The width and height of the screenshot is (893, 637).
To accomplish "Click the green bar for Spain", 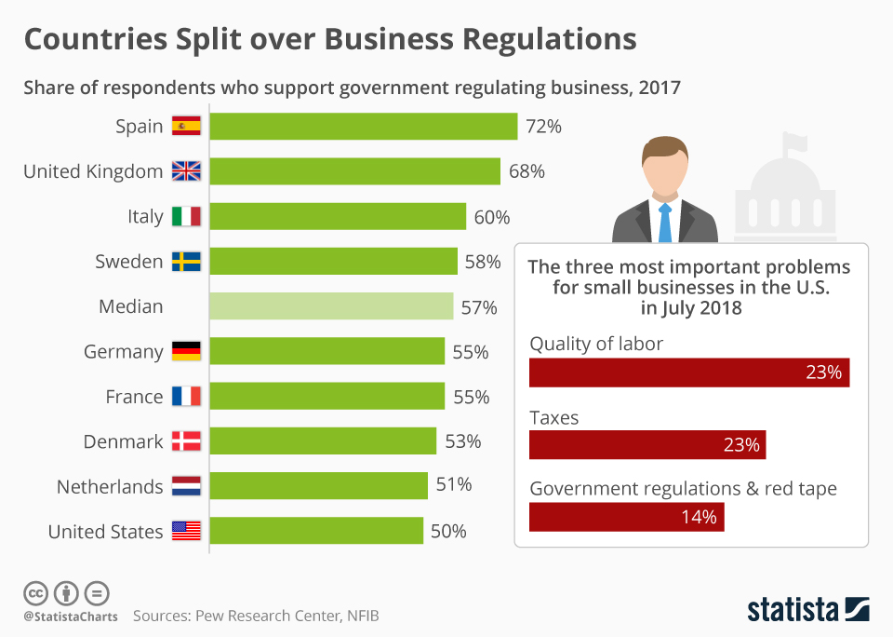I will [363, 127].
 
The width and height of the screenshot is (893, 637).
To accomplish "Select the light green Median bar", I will [331, 306].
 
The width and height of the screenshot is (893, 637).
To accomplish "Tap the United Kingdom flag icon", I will [186, 171].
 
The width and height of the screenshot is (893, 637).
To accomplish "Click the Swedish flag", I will [186, 262].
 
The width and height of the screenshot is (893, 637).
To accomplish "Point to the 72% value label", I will [543, 127].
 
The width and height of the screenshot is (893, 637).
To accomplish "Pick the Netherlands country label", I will [110, 486].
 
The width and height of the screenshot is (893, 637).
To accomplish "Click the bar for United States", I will [316, 531].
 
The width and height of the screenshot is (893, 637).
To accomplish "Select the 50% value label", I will [448, 532].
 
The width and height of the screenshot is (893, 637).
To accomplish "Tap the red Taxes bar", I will [646, 444].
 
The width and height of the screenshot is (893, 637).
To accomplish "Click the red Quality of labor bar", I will [688, 373].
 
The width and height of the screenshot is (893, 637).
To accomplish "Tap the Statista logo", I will [807, 610].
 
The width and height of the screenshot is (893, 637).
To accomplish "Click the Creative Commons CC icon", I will [35, 592].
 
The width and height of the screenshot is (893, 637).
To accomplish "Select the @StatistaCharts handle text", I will [70, 617].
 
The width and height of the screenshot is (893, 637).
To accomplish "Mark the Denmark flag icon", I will [186, 441].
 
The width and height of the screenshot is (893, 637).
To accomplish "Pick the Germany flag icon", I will [186, 351].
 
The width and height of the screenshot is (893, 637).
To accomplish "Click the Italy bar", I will [337, 216].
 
